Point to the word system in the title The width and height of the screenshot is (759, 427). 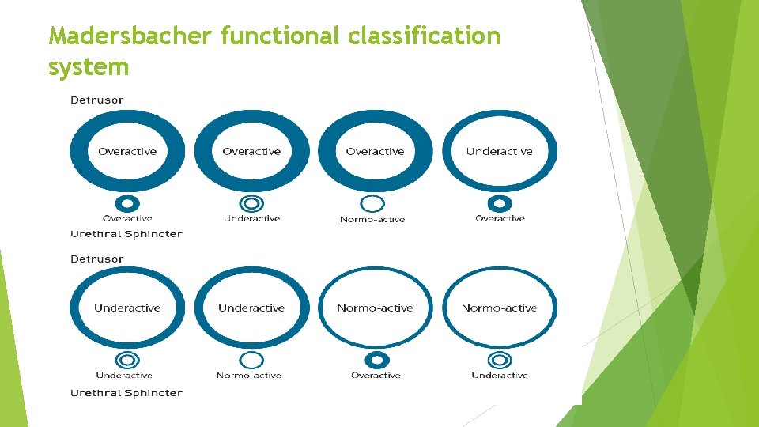tap(88, 68)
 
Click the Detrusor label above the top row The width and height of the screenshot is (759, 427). tap(96, 100)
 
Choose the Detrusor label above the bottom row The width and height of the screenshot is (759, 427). tap(96, 259)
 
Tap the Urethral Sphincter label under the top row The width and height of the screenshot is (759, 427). tap(126, 234)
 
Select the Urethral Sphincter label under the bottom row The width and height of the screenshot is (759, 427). tap(126, 393)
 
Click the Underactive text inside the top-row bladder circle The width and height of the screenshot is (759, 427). tap(499, 152)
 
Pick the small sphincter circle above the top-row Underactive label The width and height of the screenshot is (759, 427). tap(251, 203)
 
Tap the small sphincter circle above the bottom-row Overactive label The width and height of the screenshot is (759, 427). tap(376, 360)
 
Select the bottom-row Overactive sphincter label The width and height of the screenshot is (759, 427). tap(376, 376)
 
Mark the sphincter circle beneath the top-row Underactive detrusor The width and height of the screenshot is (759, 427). tap(499, 203)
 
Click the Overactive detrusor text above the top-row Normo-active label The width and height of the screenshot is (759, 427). tap(375, 152)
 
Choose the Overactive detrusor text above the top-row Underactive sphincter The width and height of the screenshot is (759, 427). tap(251, 152)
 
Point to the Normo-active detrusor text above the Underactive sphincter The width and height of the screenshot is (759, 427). tap(499, 308)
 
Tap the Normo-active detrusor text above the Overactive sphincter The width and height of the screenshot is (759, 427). tap(375, 308)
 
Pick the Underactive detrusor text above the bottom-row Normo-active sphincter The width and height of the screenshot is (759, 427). tap(251, 308)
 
